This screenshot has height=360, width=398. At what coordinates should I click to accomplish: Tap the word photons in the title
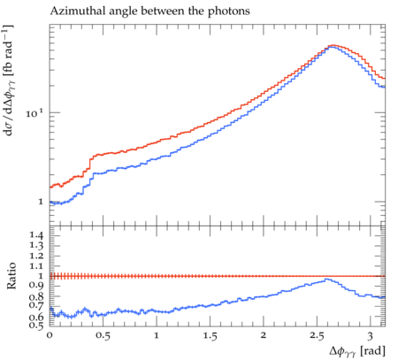coord(229,11)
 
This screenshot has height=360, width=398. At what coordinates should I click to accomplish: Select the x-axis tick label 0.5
coord(103,336)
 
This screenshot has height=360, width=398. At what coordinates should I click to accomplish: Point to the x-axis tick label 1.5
coord(210,336)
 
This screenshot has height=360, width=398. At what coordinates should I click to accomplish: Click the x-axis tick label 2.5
coord(317,336)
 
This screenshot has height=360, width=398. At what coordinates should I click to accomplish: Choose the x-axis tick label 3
coord(370,336)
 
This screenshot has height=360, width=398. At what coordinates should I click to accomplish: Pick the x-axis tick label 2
coord(264,335)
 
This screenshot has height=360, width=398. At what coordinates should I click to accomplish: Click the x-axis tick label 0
coord(50,335)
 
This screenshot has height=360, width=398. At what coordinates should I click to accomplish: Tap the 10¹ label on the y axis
coord(34,113)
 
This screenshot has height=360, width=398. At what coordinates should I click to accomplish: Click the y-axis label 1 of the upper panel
coord(41,203)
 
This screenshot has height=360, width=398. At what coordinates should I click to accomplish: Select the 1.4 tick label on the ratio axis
coord(36,235)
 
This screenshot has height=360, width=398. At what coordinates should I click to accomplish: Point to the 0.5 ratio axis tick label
coord(36,326)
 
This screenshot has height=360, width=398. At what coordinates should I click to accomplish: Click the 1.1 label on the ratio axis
coord(36,266)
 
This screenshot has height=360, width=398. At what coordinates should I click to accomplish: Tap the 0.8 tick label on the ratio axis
coord(36,296)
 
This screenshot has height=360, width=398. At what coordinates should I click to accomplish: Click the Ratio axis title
coord(11,276)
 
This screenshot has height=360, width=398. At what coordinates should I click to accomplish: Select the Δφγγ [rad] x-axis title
coord(357,351)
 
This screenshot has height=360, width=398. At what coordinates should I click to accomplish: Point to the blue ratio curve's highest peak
coord(326,279)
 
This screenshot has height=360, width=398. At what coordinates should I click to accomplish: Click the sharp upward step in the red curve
coord(89,164)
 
